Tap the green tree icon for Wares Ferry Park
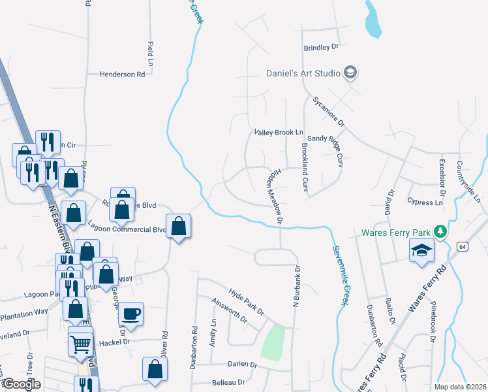pos(441,232)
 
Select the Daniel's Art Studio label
pos(303,73)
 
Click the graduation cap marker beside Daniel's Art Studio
pos(350,73)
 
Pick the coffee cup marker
pos(132,313)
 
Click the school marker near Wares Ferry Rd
pos(422,250)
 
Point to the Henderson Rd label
pos(122,74)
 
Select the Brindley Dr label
pos(322,47)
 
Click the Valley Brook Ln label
pos(279,132)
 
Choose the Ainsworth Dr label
pos(230,311)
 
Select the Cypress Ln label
pos(424,203)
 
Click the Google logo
pos(22,384)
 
